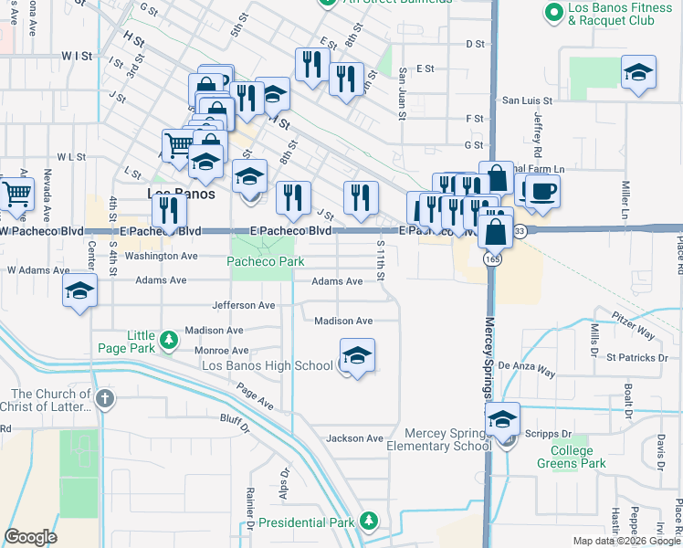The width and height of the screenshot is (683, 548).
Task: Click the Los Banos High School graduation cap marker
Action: pyautogui.click(x=358, y=356)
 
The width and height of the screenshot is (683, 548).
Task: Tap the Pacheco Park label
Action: pyautogui.click(x=265, y=261)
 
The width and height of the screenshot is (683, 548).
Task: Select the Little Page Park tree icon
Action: pyautogui.click(x=168, y=341)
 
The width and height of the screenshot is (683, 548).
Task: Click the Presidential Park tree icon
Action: pyautogui.click(x=368, y=522)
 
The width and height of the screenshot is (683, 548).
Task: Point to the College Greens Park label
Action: pyautogui.click(x=578, y=457)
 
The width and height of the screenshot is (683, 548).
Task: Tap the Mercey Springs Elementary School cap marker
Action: pyautogui.click(x=502, y=420)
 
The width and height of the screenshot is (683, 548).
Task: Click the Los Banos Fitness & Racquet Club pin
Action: pyautogui.click(x=552, y=13)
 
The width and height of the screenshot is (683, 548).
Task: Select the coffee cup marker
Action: pyautogui.click(x=542, y=192)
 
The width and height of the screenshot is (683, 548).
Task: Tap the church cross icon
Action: pyautogui.click(x=106, y=398)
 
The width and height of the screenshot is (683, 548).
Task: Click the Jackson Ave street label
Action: pyautogui.click(x=355, y=438)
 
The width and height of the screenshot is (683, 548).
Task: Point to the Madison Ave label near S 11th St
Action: pyautogui.click(x=343, y=321)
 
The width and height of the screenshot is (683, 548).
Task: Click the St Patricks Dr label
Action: pyautogui.click(x=636, y=357)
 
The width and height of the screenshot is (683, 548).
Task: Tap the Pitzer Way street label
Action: pyautogui.click(x=633, y=323)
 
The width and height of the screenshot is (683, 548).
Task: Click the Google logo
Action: pyautogui.click(x=30, y=537)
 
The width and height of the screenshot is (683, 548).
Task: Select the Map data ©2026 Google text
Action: pyautogui.click(x=625, y=541)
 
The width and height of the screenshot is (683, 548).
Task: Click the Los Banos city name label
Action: pyautogui.click(x=182, y=195)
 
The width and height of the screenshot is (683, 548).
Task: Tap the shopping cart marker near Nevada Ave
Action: pyautogui.click(x=16, y=195)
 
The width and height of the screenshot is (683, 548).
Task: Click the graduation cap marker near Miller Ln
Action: pyautogui.click(x=638, y=74)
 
